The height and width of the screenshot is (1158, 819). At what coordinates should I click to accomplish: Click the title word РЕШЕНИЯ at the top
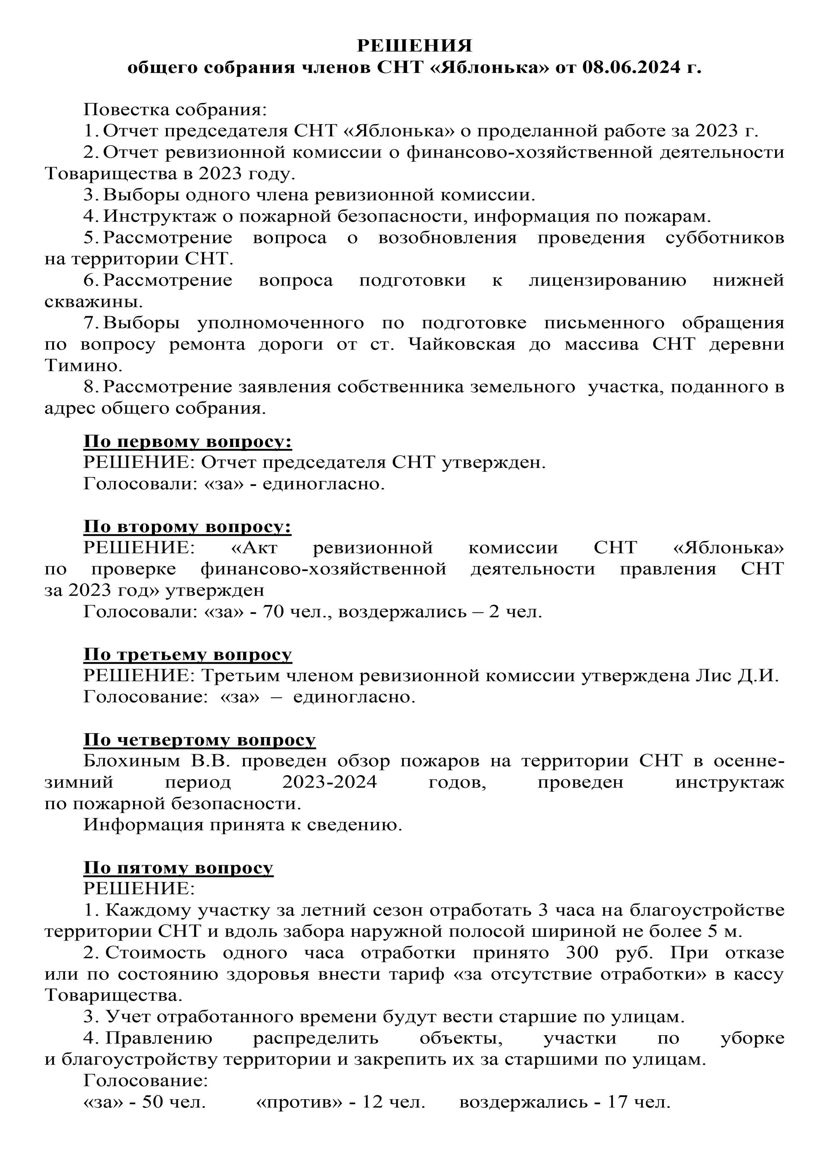click(414, 46)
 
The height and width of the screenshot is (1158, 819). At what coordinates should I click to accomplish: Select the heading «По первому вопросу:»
click(187, 441)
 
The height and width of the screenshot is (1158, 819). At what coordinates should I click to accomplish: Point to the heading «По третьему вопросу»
click(187, 655)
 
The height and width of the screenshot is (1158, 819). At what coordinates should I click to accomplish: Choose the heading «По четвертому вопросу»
click(199, 740)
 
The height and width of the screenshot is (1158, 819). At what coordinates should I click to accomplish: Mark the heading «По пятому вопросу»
click(178, 868)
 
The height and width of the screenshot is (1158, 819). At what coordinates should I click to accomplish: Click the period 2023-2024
click(330, 782)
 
